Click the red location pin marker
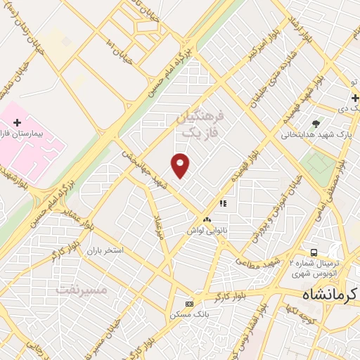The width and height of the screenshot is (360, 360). [181, 165]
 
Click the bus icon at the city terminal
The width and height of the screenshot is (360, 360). [314, 252]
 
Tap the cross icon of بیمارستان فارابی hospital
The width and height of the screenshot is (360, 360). [18, 122]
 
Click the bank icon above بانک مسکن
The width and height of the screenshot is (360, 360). [188, 304]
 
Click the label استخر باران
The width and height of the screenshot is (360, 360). [105, 250]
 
